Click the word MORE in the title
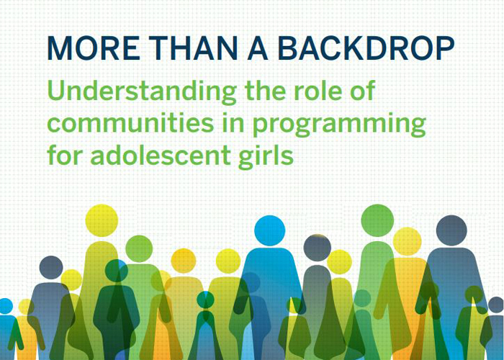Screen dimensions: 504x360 point(94,48)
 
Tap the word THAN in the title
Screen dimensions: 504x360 point(193,48)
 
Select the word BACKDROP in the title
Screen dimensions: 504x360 point(366,48)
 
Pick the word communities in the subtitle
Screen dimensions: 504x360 point(130,123)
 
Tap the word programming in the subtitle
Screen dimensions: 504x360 point(339,125)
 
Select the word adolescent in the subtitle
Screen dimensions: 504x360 point(161,155)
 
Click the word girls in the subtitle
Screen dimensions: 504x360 point(266,157)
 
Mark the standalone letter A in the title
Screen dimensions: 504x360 point(258,48)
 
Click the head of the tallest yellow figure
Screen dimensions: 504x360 point(102,220)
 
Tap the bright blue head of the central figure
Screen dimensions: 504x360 point(270,230)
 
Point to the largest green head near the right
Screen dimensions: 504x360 point(377,220)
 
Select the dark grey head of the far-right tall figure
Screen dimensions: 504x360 point(451,230)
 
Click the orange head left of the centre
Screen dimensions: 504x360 point(184,261)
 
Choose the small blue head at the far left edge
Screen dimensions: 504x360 point(6,306)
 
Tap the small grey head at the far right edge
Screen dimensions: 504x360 point(496,305)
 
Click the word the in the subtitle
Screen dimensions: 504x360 point(265,90)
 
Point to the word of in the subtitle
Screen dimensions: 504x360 point(363,90)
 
